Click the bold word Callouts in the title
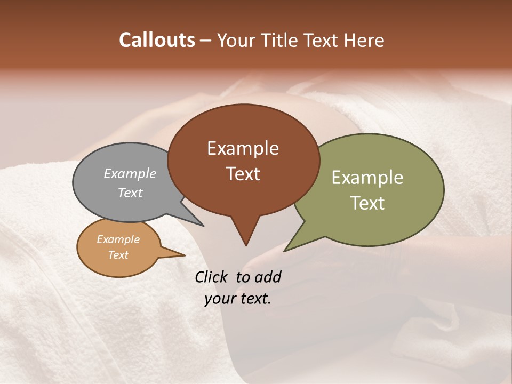pyautogui.click(x=157, y=40)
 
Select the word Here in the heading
pyautogui.click(x=364, y=40)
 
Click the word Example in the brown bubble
pyautogui.click(x=243, y=148)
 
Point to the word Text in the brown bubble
pyautogui.click(x=243, y=174)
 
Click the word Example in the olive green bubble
pyautogui.click(x=367, y=178)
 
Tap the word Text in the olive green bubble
pyautogui.click(x=367, y=203)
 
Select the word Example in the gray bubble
pyautogui.click(x=130, y=173)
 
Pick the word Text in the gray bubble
pyautogui.click(x=130, y=193)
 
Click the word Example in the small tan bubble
pyautogui.click(x=118, y=239)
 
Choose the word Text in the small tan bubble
pyautogui.click(x=118, y=255)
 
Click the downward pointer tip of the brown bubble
pyautogui.click(x=246, y=245)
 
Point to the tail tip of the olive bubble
pyautogui.click(x=285, y=250)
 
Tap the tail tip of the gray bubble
pyautogui.click(x=203, y=226)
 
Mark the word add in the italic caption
pyautogui.click(x=268, y=277)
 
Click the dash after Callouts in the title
pyautogui.click(x=206, y=40)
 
